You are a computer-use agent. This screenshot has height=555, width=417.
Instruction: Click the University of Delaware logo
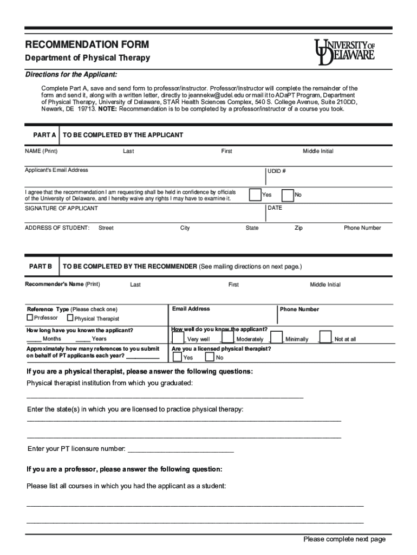point(344,52)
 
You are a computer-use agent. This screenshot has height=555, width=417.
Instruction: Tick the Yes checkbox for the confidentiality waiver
point(255,195)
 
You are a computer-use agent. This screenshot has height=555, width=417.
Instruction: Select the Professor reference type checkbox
point(30,318)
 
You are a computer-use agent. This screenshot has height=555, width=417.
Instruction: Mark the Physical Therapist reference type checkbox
point(70,318)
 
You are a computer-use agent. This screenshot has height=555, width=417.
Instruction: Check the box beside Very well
point(178,337)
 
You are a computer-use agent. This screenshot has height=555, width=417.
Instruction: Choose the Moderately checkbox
point(227,337)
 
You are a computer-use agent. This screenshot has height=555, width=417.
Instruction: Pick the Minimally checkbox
point(276,337)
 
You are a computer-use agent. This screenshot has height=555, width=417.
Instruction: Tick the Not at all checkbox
point(325,337)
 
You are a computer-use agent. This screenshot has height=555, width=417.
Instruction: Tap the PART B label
point(41,267)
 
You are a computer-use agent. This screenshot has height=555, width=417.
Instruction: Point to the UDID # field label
point(276,171)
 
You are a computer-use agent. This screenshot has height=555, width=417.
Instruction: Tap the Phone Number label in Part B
point(299,309)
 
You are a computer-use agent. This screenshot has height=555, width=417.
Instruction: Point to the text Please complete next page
point(344,539)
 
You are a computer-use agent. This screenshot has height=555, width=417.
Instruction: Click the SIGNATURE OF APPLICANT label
point(61,208)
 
